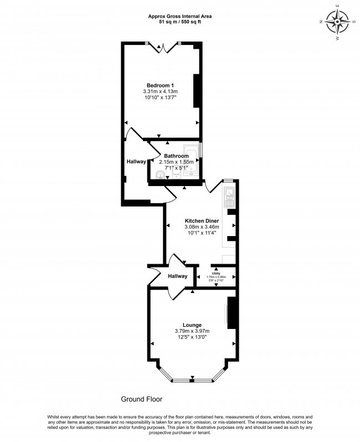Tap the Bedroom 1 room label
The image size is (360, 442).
click(160, 85)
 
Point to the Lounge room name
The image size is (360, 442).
click(192, 325)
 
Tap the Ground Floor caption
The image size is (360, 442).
click(142, 399)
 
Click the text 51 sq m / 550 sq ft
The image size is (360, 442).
click(179, 23)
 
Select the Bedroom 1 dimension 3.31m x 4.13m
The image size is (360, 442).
click(160, 91)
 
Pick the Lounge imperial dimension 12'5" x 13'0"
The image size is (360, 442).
click(192, 338)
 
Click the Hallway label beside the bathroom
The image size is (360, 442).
click(136, 162)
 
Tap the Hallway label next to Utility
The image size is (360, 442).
click(178, 276)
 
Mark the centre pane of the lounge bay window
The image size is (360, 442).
click(192, 381)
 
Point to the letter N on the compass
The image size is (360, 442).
click(322, 22)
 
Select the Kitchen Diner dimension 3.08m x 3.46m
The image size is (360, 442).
click(202, 227)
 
